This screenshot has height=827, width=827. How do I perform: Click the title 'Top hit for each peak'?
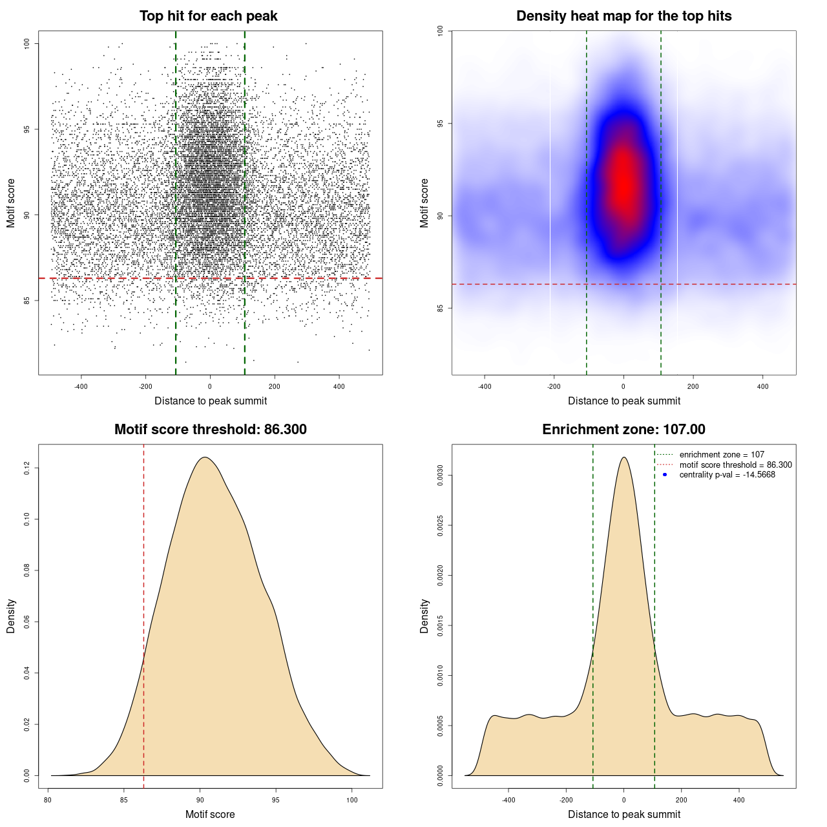point(209,16)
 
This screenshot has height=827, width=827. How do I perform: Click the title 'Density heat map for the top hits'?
point(623,16)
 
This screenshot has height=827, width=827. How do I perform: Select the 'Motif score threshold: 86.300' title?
point(210,430)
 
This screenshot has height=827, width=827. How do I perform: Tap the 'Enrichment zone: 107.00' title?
point(623,430)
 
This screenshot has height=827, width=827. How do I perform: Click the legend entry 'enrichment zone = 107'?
point(722,455)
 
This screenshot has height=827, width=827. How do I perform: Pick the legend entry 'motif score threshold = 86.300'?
point(735,465)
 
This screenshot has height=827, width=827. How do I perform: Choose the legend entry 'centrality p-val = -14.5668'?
point(727,475)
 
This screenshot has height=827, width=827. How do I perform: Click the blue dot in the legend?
point(665,475)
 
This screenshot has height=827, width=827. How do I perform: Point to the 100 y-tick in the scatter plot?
point(27,43)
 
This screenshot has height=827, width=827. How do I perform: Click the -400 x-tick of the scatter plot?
point(81,386)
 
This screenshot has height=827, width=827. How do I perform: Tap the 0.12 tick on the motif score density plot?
point(27,468)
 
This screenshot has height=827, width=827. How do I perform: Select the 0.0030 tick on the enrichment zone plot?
point(441,476)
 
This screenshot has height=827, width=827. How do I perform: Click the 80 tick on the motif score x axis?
point(48,800)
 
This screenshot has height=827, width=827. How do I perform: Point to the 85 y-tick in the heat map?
point(441,308)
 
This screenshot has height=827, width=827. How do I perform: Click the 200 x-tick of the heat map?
point(693,386)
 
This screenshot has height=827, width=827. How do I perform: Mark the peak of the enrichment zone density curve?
point(623,457)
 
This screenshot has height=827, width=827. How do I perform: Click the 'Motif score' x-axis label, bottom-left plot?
point(210,814)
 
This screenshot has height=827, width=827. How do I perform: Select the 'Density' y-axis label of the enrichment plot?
point(424,616)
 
